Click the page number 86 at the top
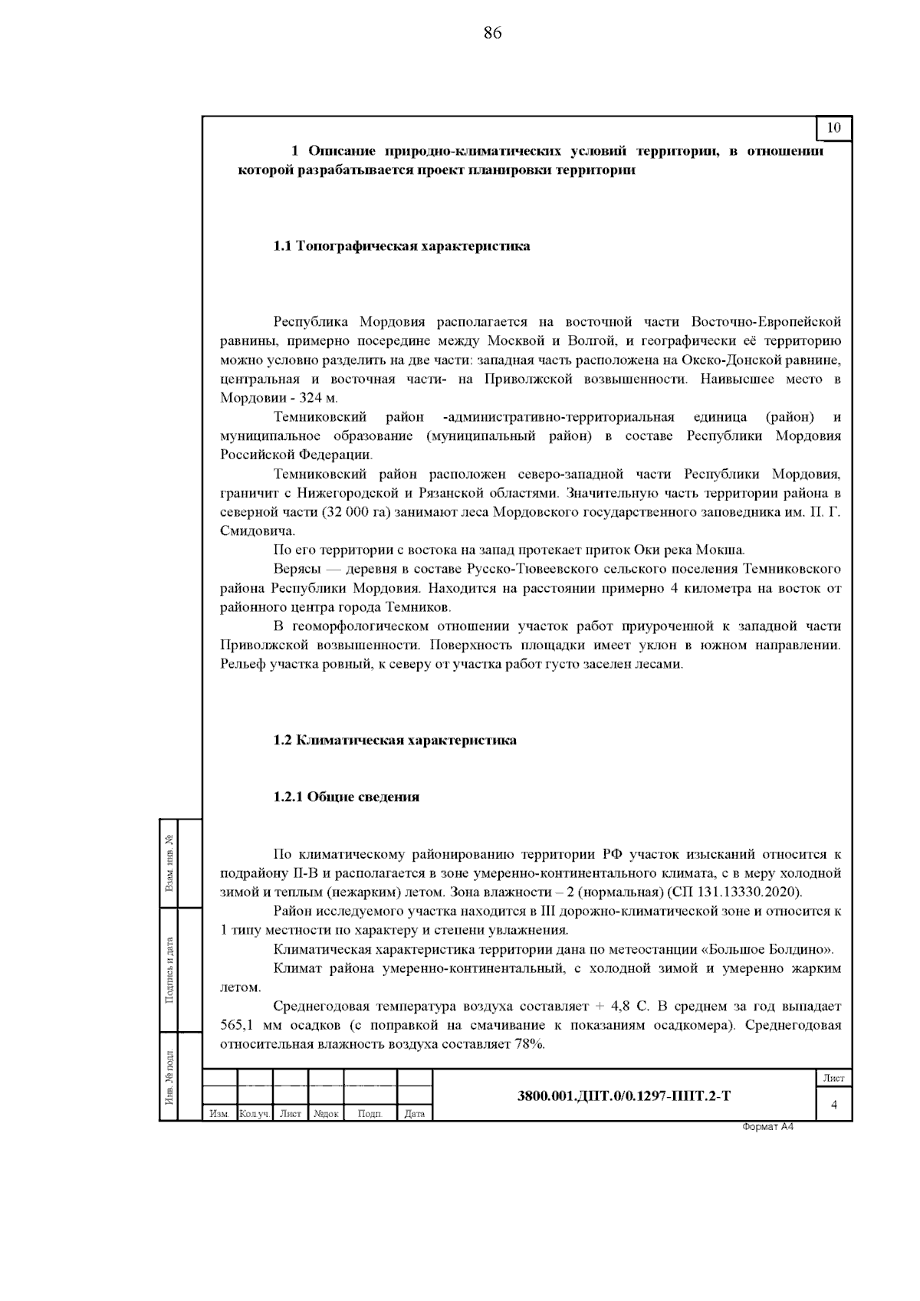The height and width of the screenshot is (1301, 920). [492, 32]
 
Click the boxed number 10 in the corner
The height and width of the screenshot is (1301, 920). [834, 128]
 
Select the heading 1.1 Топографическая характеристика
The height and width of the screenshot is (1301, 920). [402, 246]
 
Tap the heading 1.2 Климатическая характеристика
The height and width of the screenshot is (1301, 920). [395, 740]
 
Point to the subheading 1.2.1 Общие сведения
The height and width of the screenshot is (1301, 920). [347, 797]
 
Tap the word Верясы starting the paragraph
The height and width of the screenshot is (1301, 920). [297, 569]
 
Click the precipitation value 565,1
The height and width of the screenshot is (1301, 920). [237, 1025]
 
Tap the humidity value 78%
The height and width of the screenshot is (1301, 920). [528, 1044]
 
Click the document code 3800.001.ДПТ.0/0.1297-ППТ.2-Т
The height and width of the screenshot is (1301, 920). [624, 1096]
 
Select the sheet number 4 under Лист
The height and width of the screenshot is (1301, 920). [833, 1104]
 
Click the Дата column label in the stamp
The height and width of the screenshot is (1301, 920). [415, 1113]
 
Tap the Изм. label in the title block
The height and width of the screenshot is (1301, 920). [219, 1113]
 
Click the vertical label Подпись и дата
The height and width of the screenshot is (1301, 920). [169, 971]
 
